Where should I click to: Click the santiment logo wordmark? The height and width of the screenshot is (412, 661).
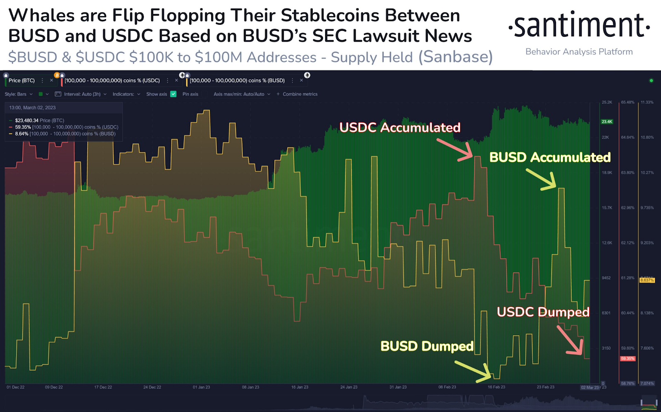pyautogui.click(x=579, y=26)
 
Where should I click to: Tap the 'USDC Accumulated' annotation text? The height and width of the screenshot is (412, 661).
pyautogui.click(x=399, y=128)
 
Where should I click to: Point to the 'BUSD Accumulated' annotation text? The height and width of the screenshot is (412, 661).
pyautogui.click(x=549, y=157)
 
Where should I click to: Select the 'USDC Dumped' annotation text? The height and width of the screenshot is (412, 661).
pyautogui.click(x=543, y=312)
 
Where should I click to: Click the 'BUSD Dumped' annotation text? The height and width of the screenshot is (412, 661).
pyautogui.click(x=427, y=346)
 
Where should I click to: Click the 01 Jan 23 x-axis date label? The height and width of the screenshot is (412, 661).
pyautogui.click(x=201, y=387)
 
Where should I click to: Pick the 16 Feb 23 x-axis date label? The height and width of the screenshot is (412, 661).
pyautogui.click(x=496, y=387)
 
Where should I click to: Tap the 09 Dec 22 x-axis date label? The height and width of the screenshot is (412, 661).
pyautogui.click(x=54, y=387)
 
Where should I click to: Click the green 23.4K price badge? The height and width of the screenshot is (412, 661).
pyautogui.click(x=607, y=122)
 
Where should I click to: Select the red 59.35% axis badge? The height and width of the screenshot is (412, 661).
pyautogui.click(x=627, y=358)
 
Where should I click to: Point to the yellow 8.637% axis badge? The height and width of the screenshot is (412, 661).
pyautogui.click(x=647, y=280)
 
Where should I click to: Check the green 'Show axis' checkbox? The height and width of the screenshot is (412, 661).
pyautogui.click(x=174, y=94)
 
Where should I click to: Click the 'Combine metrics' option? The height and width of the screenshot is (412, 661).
pyautogui.click(x=300, y=94)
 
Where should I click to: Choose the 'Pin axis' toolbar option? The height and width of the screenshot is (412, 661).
pyautogui.click(x=190, y=94)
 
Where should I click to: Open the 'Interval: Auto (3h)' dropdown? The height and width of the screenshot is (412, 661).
pyautogui.click(x=82, y=94)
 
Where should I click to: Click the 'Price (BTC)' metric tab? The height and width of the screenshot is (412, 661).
pyautogui.click(x=21, y=81)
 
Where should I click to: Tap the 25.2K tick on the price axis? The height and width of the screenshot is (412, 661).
pyautogui.click(x=607, y=102)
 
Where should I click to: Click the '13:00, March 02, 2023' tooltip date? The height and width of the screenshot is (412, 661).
pyautogui.click(x=32, y=108)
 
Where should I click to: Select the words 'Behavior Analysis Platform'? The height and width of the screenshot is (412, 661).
pyautogui.click(x=579, y=52)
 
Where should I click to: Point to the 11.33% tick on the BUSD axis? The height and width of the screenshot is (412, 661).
pyautogui.click(x=647, y=102)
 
